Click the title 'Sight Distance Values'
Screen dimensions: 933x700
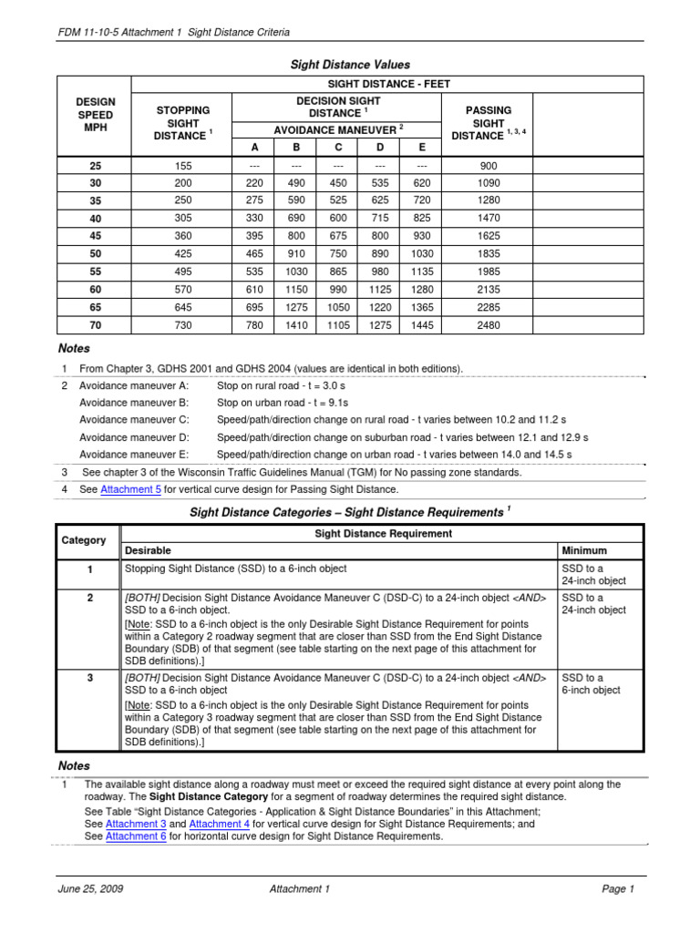(350, 65)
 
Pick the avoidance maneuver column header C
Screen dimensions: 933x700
(338, 148)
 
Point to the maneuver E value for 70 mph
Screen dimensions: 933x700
(422, 325)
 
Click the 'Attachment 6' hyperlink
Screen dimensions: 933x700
(136, 836)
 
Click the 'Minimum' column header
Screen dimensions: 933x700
(585, 550)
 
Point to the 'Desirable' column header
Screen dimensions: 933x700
(148, 550)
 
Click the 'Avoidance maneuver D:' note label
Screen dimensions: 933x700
(134, 437)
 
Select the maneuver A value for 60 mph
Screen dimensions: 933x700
(255, 289)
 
